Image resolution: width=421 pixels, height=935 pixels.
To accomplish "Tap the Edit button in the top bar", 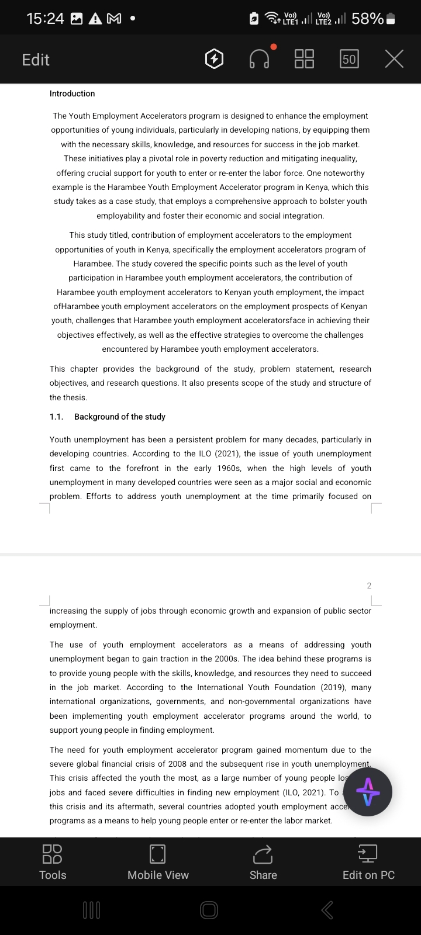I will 36,60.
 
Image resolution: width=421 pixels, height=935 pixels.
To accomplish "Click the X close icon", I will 394,59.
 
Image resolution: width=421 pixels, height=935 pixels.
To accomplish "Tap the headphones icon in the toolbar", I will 260,59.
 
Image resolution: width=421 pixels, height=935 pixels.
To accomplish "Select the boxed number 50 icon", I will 349,59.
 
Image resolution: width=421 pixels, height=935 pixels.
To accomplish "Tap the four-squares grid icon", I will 304,59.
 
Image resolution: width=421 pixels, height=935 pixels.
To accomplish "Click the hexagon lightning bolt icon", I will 215,59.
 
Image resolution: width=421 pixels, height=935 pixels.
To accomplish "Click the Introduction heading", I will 72,93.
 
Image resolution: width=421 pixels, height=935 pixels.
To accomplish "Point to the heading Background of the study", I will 120,417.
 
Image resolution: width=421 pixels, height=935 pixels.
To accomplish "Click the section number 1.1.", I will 56,417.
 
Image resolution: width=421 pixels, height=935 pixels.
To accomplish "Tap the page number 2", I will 369,586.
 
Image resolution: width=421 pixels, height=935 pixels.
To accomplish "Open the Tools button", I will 53,861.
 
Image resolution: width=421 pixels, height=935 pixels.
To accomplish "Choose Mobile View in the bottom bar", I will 158,861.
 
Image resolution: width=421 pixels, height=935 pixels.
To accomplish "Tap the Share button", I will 263,861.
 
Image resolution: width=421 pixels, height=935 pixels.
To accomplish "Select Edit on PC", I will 368,861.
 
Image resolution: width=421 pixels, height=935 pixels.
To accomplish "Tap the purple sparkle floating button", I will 367,792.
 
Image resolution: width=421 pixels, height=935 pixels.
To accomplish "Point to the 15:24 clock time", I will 45,19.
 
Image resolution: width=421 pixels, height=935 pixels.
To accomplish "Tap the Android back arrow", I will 327,910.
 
